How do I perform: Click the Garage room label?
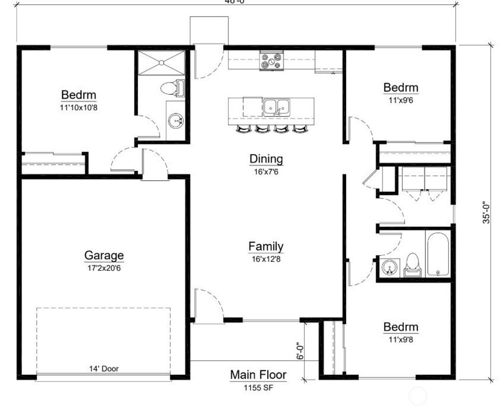coord(104,255)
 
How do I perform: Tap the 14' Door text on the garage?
coord(103,368)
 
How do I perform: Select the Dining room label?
coord(266,159)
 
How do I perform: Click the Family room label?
coord(266,247)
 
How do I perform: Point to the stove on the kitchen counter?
coord(272,61)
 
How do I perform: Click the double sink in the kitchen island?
coord(276,107)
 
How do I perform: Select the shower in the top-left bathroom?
coord(161,62)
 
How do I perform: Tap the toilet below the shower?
coord(171,88)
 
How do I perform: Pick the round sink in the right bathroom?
coord(390,268)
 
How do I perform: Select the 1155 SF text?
coord(258,387)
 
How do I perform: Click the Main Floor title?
coord(258,375)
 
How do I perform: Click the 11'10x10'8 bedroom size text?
coord(78,107)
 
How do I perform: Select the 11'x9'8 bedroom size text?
coord(401,339)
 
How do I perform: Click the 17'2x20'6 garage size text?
coord(104,268)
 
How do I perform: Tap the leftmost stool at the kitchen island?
coord(243,129)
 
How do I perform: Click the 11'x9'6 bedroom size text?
coord(401,100)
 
